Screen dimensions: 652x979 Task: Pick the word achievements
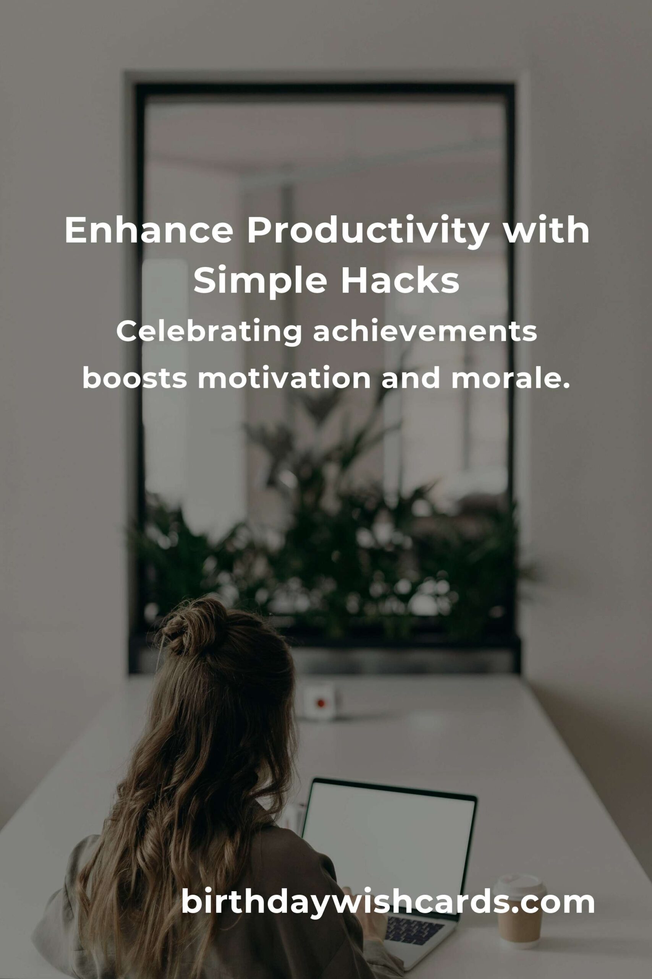(x=425, y=332)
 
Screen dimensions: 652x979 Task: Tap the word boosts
(x=134, y=378)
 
